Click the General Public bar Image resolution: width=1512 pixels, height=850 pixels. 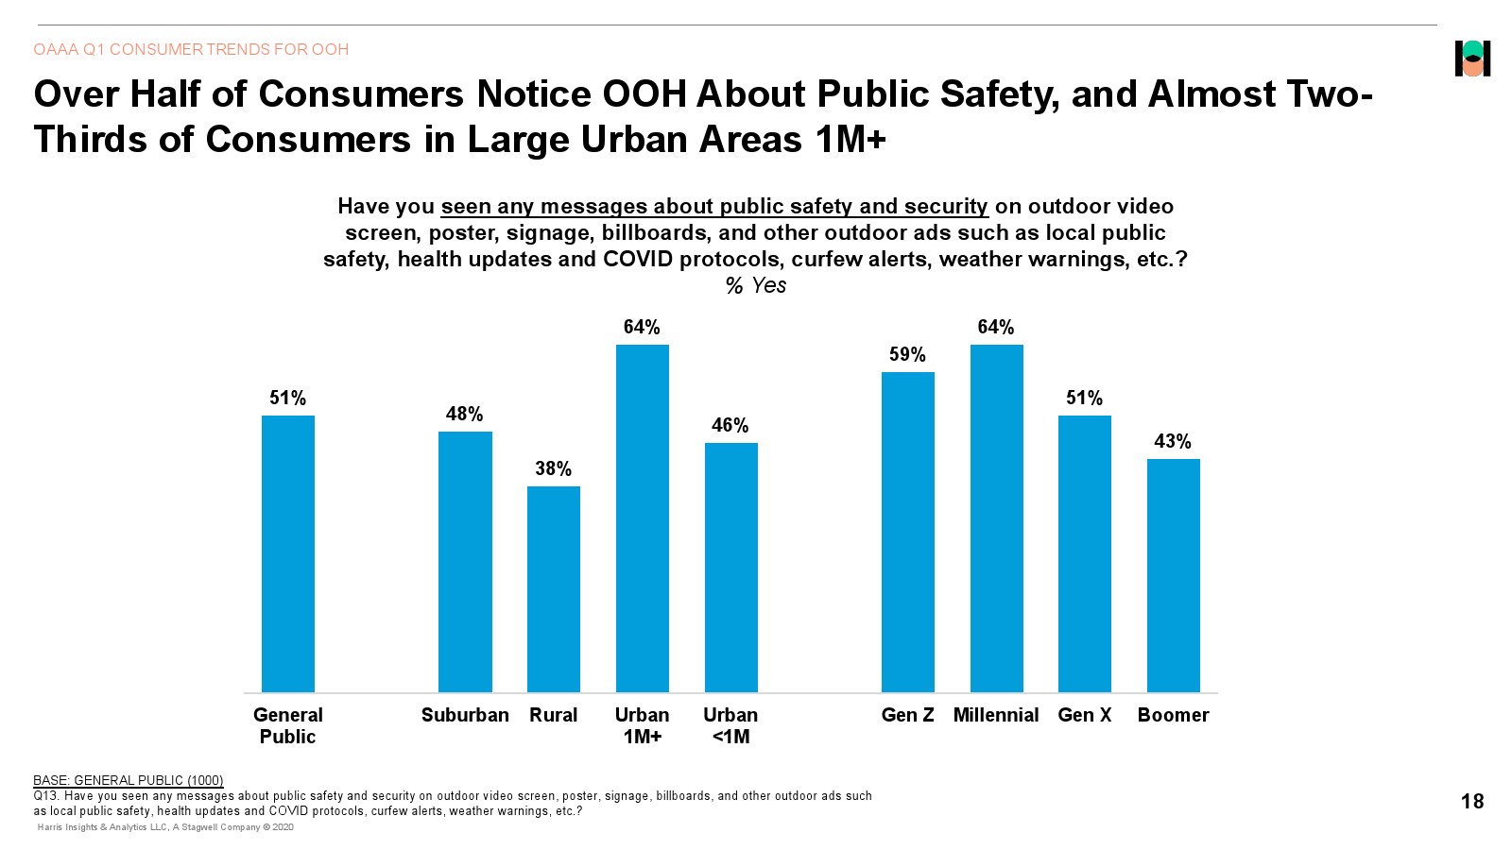(288, 553)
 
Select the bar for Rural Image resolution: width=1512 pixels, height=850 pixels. (554, 588)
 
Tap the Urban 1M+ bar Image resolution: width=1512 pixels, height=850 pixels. (643, 518)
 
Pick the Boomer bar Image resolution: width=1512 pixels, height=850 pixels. (1174, 575)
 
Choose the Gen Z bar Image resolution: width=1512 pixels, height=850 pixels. (908, 532)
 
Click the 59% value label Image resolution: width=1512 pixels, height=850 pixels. (907, 355)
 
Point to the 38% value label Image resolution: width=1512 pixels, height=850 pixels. (554, 469)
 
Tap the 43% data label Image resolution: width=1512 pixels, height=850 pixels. (1173, 442)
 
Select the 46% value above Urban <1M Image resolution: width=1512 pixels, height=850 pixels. (730, 426)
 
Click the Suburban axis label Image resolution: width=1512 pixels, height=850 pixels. (465, 715)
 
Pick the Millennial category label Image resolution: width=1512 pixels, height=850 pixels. (996, 715)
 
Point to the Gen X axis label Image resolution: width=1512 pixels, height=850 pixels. (1085, 715)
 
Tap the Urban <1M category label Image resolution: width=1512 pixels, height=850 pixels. (730, 725)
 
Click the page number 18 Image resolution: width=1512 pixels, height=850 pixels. (1472, 802)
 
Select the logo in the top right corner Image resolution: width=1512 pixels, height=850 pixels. (1472, 59)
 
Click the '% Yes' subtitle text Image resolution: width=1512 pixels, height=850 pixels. (756, 286)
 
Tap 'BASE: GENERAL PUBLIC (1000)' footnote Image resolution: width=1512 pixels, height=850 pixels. (129, 780)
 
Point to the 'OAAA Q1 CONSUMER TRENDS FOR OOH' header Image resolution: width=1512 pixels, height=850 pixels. (191, 49)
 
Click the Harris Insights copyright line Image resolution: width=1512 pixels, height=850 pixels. (165, 827)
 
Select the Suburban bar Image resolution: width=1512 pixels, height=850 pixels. (465, 562)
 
